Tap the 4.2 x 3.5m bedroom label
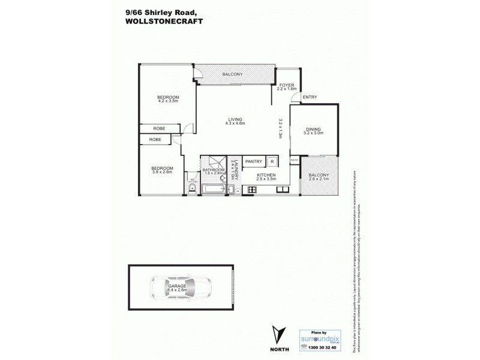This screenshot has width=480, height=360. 169,99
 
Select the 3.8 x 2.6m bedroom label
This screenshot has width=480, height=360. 162,170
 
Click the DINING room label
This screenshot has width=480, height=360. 314,130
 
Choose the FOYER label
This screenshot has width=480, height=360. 287,86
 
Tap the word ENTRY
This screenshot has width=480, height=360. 310,97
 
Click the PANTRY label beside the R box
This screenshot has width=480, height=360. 254,161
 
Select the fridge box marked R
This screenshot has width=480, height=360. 272,161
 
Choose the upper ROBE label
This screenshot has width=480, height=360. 159,128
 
